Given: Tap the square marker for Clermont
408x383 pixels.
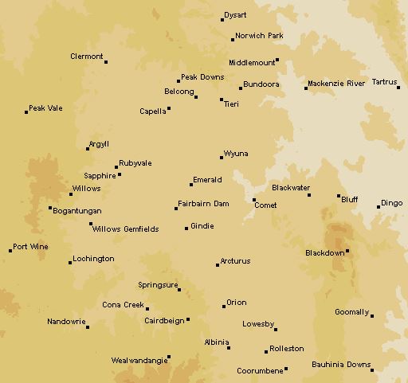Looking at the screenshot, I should click(106, 61).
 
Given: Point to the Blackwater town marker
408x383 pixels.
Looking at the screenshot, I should click(309, 194).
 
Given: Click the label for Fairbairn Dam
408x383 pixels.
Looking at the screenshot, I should click(203, 204).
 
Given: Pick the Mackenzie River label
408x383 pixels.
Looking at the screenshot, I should click(336, 83).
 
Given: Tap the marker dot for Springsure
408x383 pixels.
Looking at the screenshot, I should click(179, 290).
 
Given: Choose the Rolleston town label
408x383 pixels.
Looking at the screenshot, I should click(287, 349).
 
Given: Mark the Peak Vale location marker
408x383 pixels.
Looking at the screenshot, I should click(25, 112).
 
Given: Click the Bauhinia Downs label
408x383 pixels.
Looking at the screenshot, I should click(340, 365).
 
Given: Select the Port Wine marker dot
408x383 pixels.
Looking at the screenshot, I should click(11, 251).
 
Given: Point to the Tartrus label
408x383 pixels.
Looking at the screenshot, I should click(384, 82).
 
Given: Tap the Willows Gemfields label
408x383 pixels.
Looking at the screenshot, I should click(125, 229).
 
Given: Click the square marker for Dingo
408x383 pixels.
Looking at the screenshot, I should click(379, 207).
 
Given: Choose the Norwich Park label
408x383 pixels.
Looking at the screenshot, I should click(259, 36).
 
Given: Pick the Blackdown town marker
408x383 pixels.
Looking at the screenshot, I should click(347, 252).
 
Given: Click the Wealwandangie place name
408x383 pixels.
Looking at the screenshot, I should click(139, 360).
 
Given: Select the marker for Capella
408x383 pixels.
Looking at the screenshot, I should click(168, 109).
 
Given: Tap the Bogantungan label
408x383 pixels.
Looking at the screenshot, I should click(76, 211).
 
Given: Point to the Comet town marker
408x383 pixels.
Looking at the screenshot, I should click(254, 200).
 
